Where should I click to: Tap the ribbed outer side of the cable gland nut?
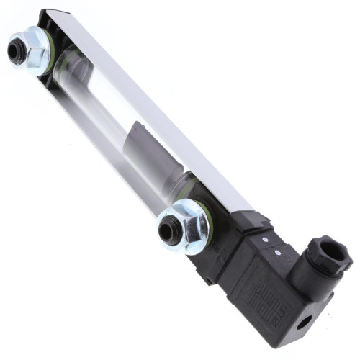click(317, 268)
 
